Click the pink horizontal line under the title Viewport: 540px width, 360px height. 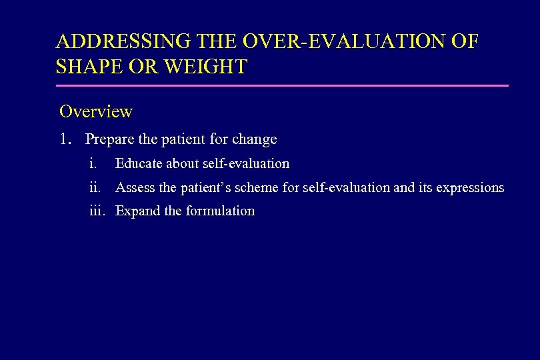[x=282, y=85]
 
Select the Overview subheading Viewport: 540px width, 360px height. [x=96, y=111]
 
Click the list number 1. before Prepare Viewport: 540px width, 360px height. [x=65, y=140]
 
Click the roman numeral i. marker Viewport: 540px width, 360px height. [x=93, y=163]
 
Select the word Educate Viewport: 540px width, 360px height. [x=139, y=163]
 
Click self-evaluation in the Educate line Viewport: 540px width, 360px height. [x=245, y=163]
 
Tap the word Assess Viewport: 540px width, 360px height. [x=135, y=188]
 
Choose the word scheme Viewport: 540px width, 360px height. [x=257, y=188]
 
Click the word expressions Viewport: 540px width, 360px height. [x=470, y=188]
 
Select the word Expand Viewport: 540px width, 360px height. [x=138, y=211]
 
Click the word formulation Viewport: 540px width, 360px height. [x=220, y=211]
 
